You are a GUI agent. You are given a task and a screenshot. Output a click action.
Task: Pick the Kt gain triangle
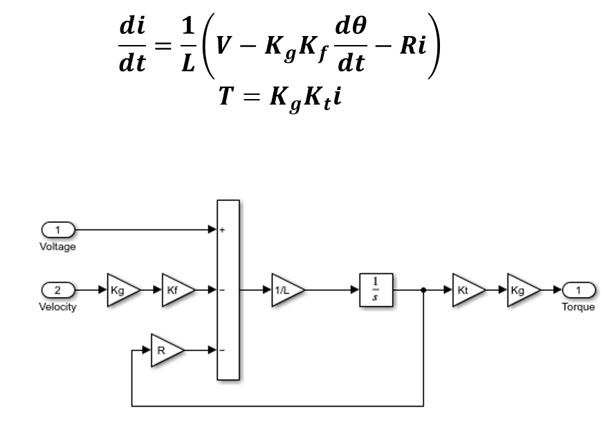tap(466, 289)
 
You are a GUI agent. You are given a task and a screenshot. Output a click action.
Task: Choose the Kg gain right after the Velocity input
tap(122, 289)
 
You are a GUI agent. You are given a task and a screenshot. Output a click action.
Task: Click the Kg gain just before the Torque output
tap(521, 289)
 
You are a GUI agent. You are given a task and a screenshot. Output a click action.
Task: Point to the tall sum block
tap(228, 289)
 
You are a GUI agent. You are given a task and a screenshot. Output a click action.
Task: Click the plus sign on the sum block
tap(221, 229)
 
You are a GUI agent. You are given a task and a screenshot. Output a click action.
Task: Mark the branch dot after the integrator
tap(423, 289)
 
